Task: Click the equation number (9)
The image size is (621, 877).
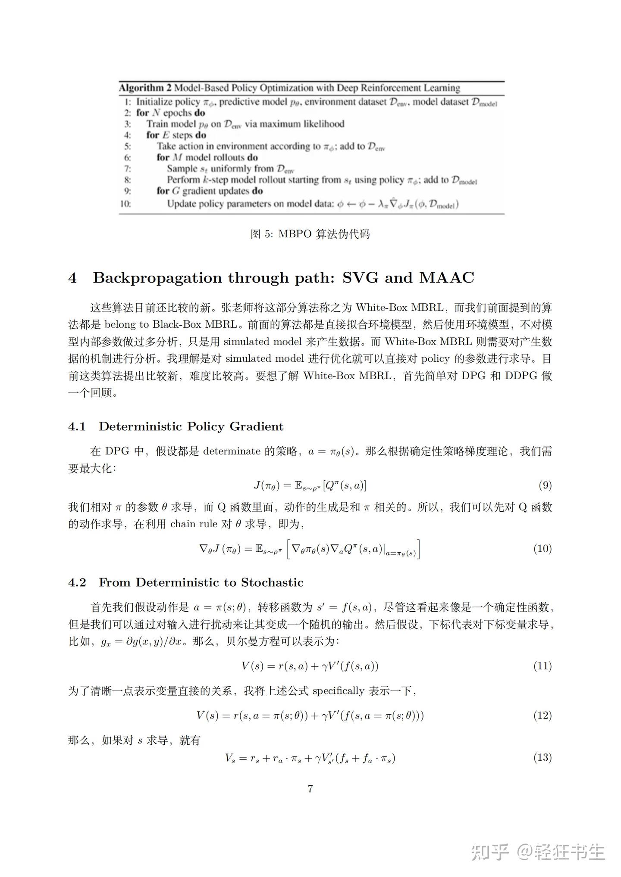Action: [545, 485]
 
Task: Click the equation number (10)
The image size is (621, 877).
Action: [543, 548]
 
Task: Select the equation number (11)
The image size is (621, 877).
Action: [543, 666]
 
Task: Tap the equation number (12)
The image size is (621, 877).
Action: [543, 715]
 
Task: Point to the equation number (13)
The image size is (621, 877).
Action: [543, 758]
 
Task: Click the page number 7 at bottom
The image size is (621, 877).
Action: [310, 789]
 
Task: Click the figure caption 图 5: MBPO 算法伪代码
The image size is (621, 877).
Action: [310, 234]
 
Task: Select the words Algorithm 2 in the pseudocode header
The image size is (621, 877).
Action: [145, 88]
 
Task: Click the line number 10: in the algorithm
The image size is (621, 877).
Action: [125, 204]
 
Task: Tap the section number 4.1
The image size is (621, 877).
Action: [77, 426]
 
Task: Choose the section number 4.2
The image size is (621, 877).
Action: [77, 582]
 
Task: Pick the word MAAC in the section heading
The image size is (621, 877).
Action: [446, 278]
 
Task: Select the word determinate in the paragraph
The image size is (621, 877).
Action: [232, 451]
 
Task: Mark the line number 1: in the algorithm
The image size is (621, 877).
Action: [127, 102]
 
